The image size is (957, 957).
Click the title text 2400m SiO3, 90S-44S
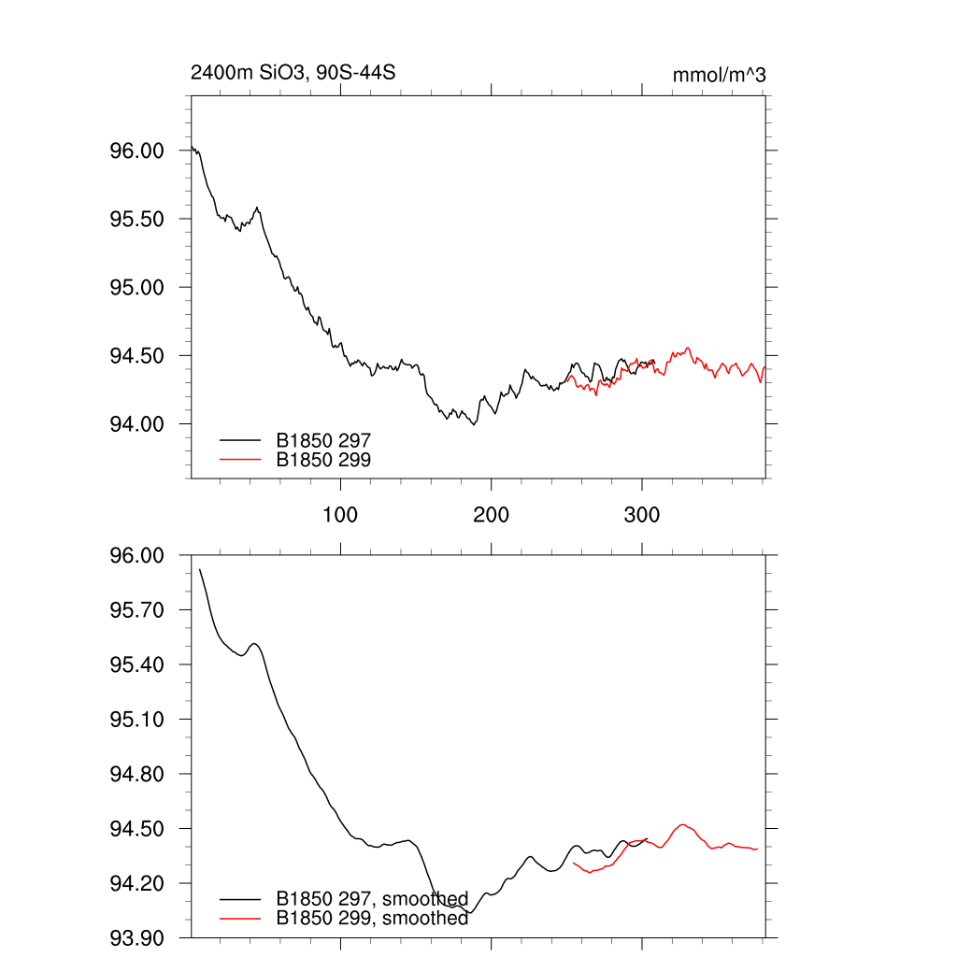pos(298,74)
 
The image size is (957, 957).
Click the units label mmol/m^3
pos(719,75)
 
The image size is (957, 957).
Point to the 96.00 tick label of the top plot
pos(137,150)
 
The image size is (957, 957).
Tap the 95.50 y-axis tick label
pos(137,219)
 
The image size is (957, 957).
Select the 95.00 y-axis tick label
pos(137,287)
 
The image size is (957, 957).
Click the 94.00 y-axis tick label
pos(137,424)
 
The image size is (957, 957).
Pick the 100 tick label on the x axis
pos(340,515)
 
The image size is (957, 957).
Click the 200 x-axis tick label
pos(491,515)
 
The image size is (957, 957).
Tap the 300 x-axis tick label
pos(641,515)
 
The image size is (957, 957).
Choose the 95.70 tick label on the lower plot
pos(137,610)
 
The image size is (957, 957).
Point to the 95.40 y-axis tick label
pos(137,665)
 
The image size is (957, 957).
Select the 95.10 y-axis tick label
pos(137,720)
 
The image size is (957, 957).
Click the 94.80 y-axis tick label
pos(137,775)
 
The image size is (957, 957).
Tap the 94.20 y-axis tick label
pos(137,884)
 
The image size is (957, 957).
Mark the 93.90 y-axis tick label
pos(137,938)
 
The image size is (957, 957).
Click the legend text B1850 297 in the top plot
pos(324,439)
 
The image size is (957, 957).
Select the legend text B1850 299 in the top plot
pos(324,459)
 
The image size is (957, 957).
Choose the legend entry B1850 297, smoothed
pos(372,899)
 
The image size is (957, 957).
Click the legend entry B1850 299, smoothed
pos(372,919)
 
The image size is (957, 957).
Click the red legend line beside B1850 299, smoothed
pos(239,919)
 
